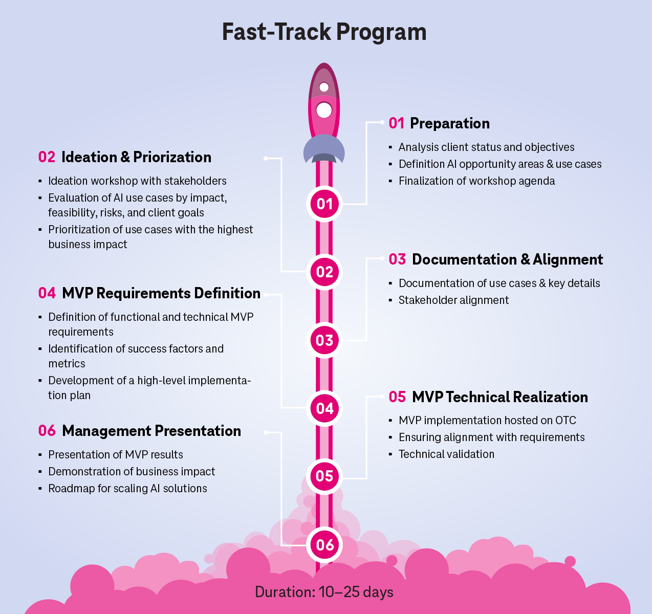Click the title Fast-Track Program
(x=324, y=32)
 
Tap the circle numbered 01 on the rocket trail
(x=324, y=204)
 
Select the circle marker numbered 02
(x=324, y=272)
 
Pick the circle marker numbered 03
(x=324, y=340)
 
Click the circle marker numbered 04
(x=324, y=408)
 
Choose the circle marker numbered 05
(x=324, y=476)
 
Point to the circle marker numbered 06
(x=324, y=545)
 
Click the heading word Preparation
(x=449, y=123)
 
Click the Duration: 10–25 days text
(x=324, y=592)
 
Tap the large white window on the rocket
(x=324, y=110)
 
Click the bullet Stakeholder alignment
(x=453, y=300)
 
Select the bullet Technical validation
(x=446, y=454)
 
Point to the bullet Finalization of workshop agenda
(x=476, y=181)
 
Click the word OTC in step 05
(x=566, y=421)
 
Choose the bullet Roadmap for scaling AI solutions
(x=127, y=489)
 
